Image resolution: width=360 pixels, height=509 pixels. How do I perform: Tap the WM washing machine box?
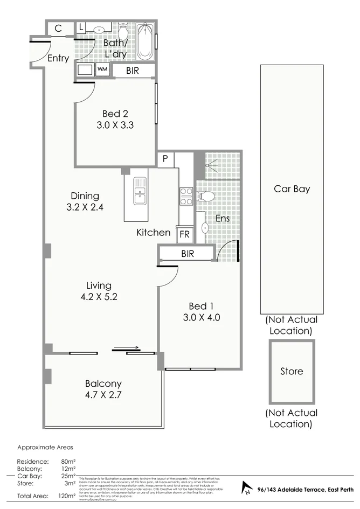(102, 70)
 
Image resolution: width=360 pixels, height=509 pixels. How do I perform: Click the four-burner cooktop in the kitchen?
(186, 196)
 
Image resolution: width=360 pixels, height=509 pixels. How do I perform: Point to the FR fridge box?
(184, 234)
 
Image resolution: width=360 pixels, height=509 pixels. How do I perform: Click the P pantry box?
(165, 159)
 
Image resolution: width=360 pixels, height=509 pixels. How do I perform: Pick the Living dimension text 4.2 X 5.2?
(99, 297)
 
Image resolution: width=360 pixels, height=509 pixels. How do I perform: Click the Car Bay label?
(292, 189)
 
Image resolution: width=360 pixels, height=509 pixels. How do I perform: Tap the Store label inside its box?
(292, 371)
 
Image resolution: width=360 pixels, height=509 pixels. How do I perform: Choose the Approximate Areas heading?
(45, 447)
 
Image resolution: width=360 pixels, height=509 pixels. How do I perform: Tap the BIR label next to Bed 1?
(188, 254)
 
